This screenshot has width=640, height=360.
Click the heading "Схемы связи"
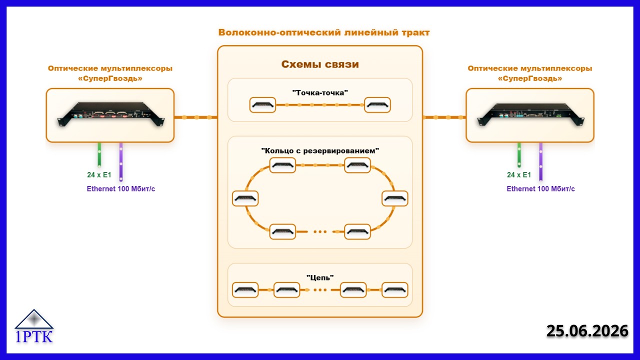tap(320, 64)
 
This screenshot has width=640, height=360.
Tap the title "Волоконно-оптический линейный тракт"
tap(324, 32)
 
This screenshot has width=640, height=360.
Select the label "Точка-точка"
tap(320, 92)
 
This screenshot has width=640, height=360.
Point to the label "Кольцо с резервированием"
tap(320, 150)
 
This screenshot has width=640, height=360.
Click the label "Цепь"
tap(320, 277)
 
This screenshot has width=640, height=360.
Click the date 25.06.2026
tap(587, 331)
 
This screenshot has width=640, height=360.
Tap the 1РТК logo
tap(34, 326)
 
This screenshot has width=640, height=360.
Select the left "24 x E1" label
tap(99, 174)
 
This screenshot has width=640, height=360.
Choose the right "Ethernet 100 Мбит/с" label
tap(540, 188)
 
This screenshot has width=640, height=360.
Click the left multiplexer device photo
tap(111, 114)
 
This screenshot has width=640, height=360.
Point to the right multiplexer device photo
tap(530, 114)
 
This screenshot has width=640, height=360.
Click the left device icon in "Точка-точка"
tap(262, 105)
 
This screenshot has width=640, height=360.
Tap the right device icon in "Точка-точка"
tap(377, 105)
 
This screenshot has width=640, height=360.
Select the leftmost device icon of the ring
tap(245, 198)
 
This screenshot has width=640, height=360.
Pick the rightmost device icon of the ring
tap(395, 198)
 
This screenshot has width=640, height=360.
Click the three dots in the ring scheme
tap(320, 231)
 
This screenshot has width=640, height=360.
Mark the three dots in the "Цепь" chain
tap(320, 290)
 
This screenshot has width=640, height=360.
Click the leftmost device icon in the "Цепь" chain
tap(245, 290)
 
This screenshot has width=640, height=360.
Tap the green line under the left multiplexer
tap(99, 154)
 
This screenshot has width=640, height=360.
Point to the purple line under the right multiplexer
tap(540, 161)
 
